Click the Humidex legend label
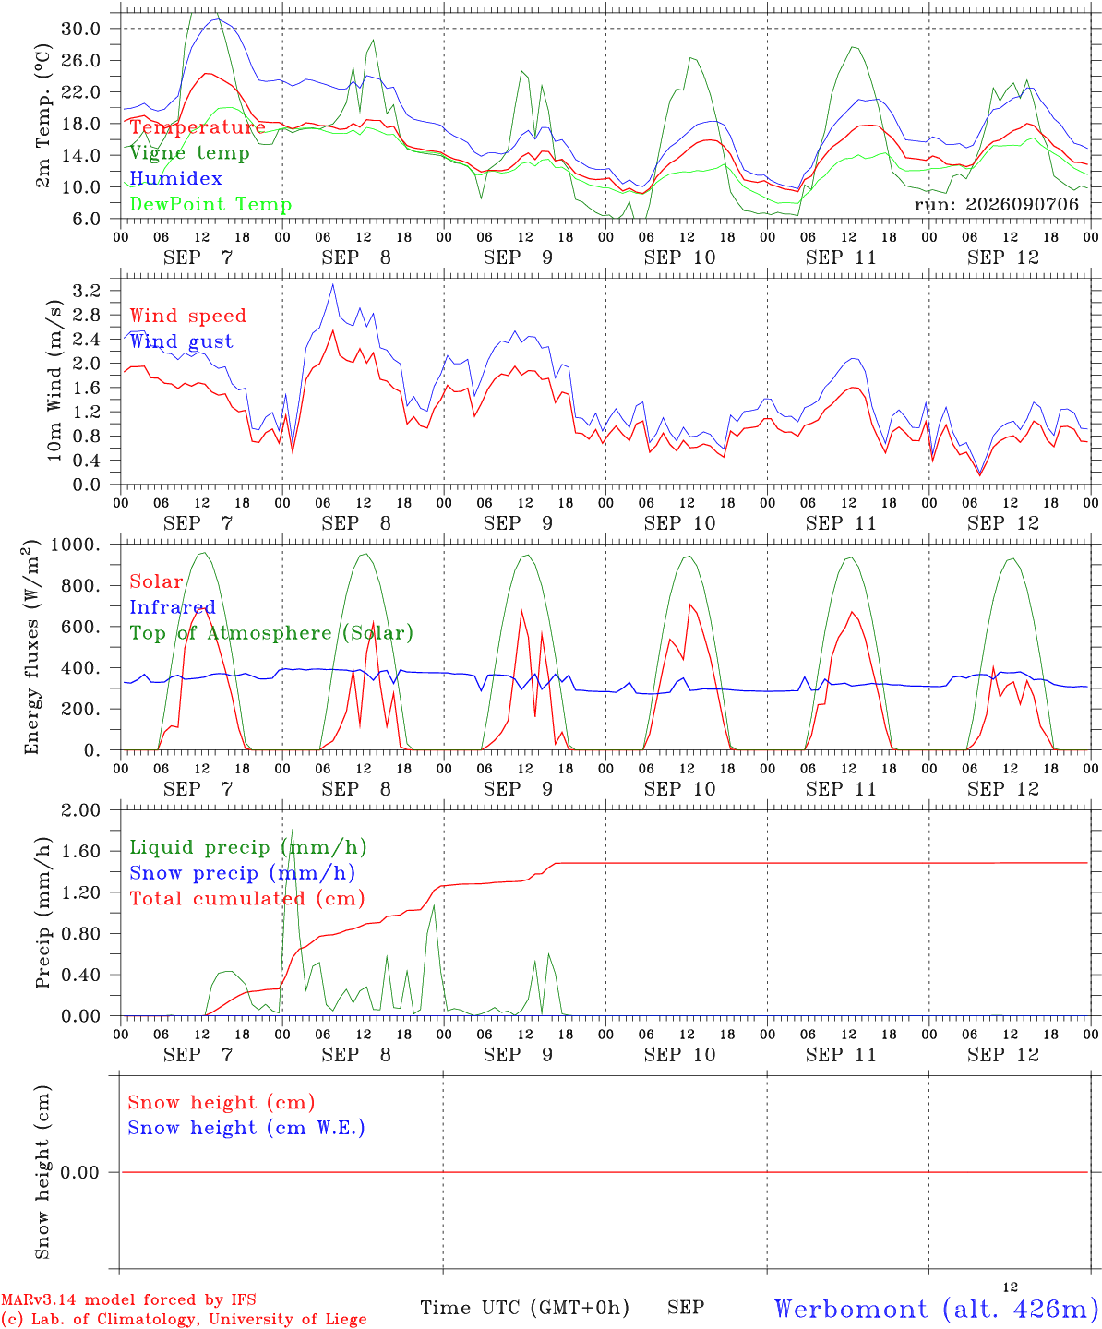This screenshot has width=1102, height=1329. point(175,178)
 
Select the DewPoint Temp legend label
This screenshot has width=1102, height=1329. point(210,204)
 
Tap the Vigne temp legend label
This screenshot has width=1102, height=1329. point(190,153)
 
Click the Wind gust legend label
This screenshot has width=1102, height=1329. point(182,341)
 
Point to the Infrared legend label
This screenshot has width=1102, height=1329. point(173,606)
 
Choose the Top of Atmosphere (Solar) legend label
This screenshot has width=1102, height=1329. point(272,633)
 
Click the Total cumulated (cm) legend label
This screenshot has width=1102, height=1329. point(247,898)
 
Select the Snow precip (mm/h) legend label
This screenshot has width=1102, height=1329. point(242,873)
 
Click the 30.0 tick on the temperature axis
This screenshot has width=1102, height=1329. point(80,29)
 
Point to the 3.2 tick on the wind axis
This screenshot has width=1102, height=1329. point(87,291)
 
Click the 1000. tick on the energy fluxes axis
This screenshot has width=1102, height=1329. point(76,545)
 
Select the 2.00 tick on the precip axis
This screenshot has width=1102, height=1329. point(81,810)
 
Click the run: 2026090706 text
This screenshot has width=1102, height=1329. point(997,204)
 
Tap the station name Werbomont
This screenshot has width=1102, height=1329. point(851,1309)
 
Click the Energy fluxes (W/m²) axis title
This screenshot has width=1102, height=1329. point(31,647)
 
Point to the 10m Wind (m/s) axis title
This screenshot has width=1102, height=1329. point(54,380)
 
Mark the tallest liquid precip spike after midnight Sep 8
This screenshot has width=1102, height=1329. point(293,830)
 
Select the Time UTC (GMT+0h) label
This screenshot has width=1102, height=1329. point(524,1308)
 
